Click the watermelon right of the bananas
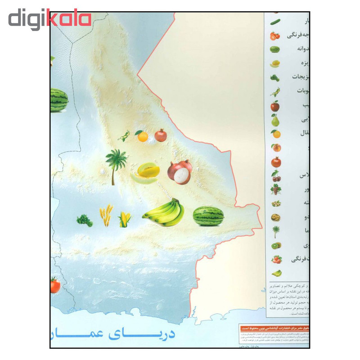tap(208, 216)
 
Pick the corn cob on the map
tap(125, 220)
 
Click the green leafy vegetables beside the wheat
tap(85, 220)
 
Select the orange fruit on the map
tap(143, 136)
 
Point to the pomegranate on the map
tap(161, 135)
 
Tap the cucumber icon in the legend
tap(275, 21)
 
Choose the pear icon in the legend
tap(275, 120)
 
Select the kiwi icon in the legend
tap(275, 246)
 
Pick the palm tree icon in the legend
tap(275, 231)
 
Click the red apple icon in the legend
tap(275, 106)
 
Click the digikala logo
tap(49, 20)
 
